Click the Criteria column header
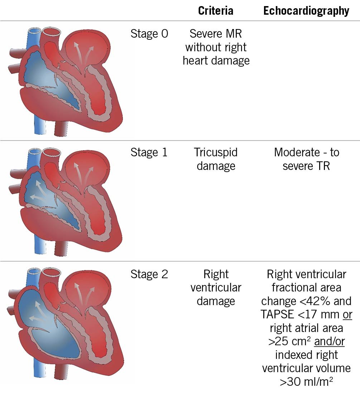[216, 11]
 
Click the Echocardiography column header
[306, 11]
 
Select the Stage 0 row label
[149, 34]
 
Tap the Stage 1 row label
[149, 152]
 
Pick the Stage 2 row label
[149, 274]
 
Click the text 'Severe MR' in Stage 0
[216, 34]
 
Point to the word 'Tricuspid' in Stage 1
[216, 152]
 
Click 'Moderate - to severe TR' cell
[306, 159]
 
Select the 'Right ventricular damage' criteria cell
[216, 288]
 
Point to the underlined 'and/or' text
[329, 341]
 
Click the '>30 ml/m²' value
[306, 381]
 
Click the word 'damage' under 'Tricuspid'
[216, 166]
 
